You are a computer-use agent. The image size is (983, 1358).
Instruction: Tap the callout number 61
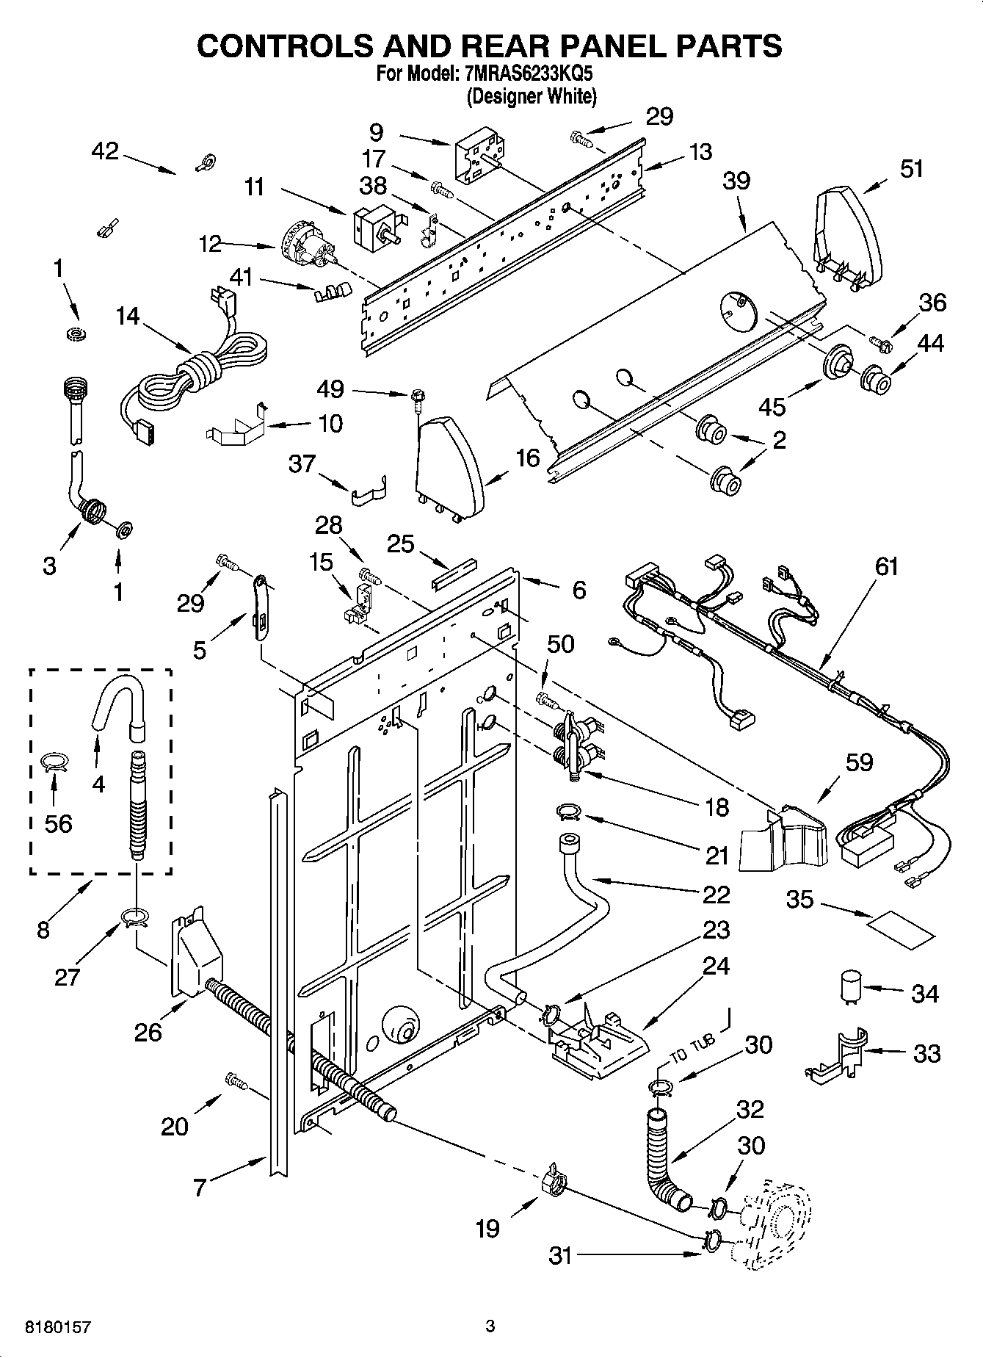tap(886, 567)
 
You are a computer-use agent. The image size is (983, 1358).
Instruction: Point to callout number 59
tap(858, 762)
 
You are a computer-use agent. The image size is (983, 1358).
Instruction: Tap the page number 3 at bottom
tap(490, 1326)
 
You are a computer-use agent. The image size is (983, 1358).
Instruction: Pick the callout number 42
tap(104, 151)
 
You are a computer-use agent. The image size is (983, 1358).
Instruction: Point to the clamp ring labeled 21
tap(569, 811)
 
